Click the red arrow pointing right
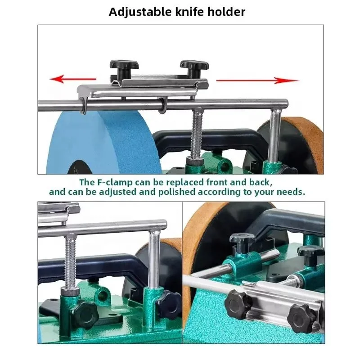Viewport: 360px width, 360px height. [x=257, y=81]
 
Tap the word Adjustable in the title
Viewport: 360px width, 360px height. [x=138, y=12]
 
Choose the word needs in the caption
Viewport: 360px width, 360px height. [x=292, y=191]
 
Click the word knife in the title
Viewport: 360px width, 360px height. [x=186, y=12]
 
